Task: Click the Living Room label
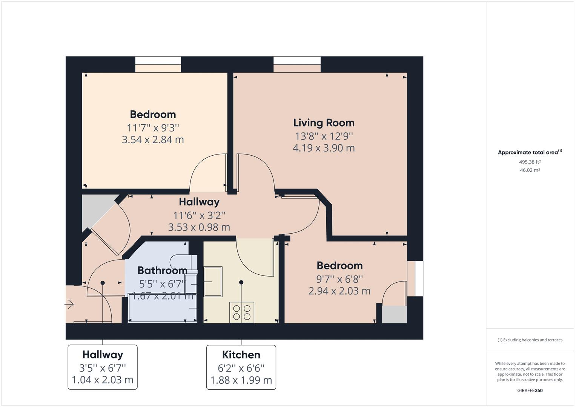click(x=324, y=123)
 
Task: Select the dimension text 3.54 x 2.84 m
click(x=153, y=140)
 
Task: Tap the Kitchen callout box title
click(x=241, y=355)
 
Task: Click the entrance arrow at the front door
click(x=69, y=304)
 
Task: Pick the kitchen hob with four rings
click(x=242, y=312)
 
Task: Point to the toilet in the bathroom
click(x=183, y=260)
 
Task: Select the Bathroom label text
click(x=162, y=271)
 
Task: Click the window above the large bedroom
click(x=158, y=64)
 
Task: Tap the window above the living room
click(x=297, y=64)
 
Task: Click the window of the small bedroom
click(x=415, y=278)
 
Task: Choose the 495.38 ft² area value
click(x=530, y=162)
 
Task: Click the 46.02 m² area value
click(x=530, y=170)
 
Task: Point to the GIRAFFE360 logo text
click(x=530, y=390)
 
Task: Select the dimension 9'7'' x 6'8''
click(x=339, y=279)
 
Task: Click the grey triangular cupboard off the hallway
click(x=94, y=209)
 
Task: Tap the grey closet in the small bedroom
click(x=394, y=314)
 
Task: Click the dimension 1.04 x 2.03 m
click(x=103, y=380)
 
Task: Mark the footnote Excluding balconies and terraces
click(x=530, y=340)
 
